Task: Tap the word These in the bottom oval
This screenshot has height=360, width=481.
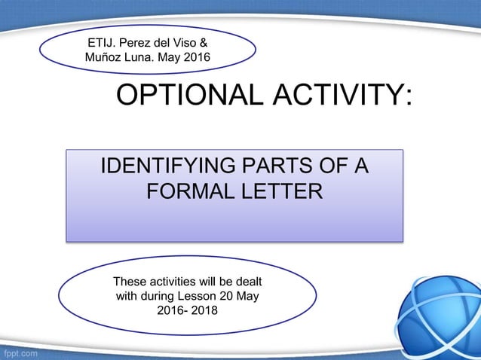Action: [129, 282]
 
